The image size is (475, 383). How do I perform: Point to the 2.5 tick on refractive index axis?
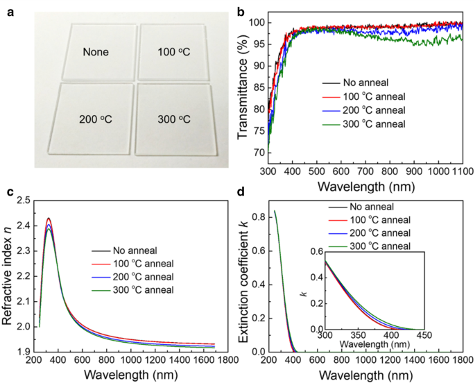[x=23, y=201]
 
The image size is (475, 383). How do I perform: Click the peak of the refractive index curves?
[x=49, y=219]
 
